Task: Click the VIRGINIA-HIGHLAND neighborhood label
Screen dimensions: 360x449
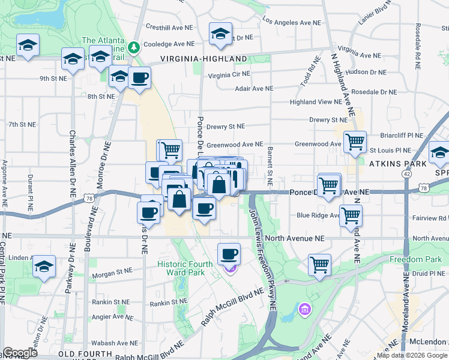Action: point(203,59)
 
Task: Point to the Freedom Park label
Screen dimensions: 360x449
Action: point(415,259)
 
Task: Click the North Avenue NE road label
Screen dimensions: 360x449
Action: point(294,238)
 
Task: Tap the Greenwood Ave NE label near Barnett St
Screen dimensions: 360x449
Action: point(235,145)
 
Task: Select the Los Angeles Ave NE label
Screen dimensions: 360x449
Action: point(293,22)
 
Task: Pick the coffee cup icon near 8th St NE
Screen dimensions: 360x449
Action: point(139,78)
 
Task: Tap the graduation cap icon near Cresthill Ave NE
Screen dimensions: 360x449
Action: point(220,34)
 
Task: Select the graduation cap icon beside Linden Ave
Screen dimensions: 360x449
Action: point(44,266)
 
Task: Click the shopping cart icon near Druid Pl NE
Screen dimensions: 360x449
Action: point(319,265)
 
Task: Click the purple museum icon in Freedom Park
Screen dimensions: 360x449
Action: point(304,309)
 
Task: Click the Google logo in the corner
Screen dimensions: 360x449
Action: point(20,353)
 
